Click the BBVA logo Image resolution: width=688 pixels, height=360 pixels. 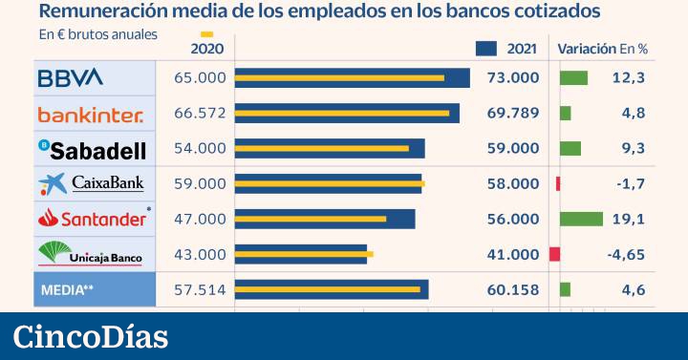(70, 78)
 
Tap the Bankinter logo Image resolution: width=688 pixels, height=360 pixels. (91, 115)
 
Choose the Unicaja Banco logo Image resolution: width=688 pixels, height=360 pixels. (91, 254)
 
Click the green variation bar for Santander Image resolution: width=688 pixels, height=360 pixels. (581, 219)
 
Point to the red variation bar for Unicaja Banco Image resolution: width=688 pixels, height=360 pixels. (554, 254)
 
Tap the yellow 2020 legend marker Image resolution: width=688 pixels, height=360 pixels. (207, 33)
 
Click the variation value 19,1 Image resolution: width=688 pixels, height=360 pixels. (629, 219)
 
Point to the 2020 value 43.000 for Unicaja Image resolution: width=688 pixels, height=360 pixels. (201, 254)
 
